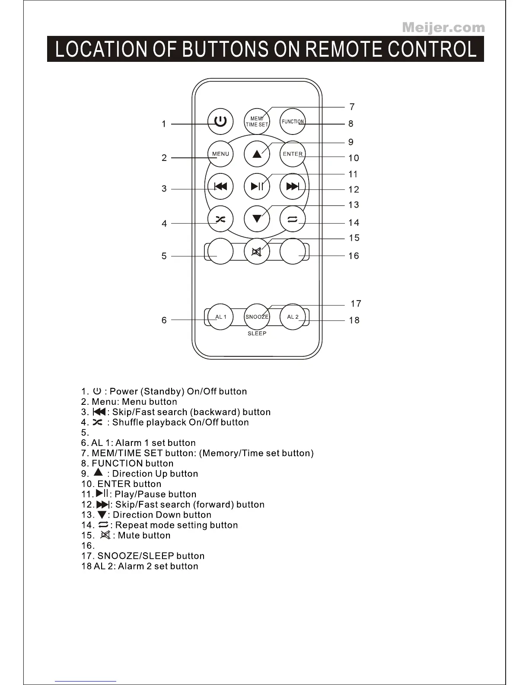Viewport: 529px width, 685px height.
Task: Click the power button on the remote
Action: (220, 121)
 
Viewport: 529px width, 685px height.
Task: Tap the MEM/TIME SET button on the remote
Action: (257, 122)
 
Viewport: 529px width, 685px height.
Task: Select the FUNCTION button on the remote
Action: (293, 122)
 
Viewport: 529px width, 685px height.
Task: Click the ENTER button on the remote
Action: (293, 154)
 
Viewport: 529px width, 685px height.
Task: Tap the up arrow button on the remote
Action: (257, 154)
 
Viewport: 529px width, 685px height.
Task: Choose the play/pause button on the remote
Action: (257, 186)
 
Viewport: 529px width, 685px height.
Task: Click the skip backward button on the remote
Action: (220, 186)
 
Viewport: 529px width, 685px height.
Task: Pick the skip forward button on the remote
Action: (293, 186)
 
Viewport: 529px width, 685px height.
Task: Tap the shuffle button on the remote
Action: (220, 219)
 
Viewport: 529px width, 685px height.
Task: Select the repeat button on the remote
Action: (293, 219)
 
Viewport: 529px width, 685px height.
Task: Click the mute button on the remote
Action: (257, 251)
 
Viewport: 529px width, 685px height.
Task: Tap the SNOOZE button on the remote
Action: (257, 317)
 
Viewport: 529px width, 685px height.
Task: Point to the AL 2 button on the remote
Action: (293, 317)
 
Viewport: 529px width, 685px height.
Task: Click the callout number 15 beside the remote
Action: (354, 238)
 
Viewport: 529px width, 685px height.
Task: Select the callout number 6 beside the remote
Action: (164, 320)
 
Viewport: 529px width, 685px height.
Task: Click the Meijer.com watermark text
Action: (443, 28)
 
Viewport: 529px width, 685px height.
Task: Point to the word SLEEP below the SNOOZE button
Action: (257, 333)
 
